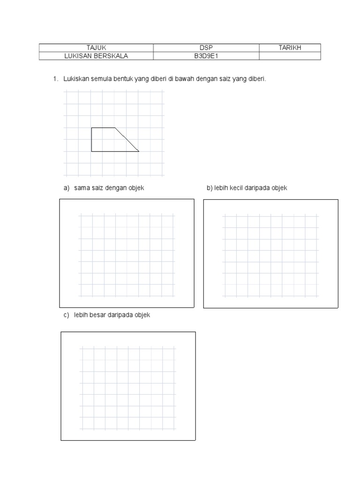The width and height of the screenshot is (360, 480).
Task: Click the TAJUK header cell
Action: [96, 48]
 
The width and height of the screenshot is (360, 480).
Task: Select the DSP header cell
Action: [206, 48]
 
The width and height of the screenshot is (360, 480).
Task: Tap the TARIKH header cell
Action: [290, 48]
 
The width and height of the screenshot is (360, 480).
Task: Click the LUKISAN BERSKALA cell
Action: [96, 56]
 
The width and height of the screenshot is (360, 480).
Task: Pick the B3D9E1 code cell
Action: [206, 56]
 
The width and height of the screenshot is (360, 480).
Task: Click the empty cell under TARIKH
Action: [290, 56]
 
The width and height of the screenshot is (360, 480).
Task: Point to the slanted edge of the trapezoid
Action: [127, 139]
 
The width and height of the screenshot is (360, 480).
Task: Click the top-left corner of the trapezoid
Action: [91, 127]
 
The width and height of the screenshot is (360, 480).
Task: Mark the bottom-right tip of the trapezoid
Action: [139, 151]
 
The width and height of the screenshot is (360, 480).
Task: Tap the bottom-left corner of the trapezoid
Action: [91, 151]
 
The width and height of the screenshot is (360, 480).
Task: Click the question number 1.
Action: [55, 79]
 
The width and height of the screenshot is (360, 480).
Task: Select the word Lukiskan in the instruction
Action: [75, 79]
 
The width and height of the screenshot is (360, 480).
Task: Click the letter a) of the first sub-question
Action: [67, 188]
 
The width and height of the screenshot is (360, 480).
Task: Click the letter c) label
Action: [67, 315]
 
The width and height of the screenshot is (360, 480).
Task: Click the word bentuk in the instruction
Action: [121, 79]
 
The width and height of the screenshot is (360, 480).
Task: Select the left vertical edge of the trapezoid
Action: [91, 140]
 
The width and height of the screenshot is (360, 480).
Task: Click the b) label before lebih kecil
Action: [210, 188]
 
